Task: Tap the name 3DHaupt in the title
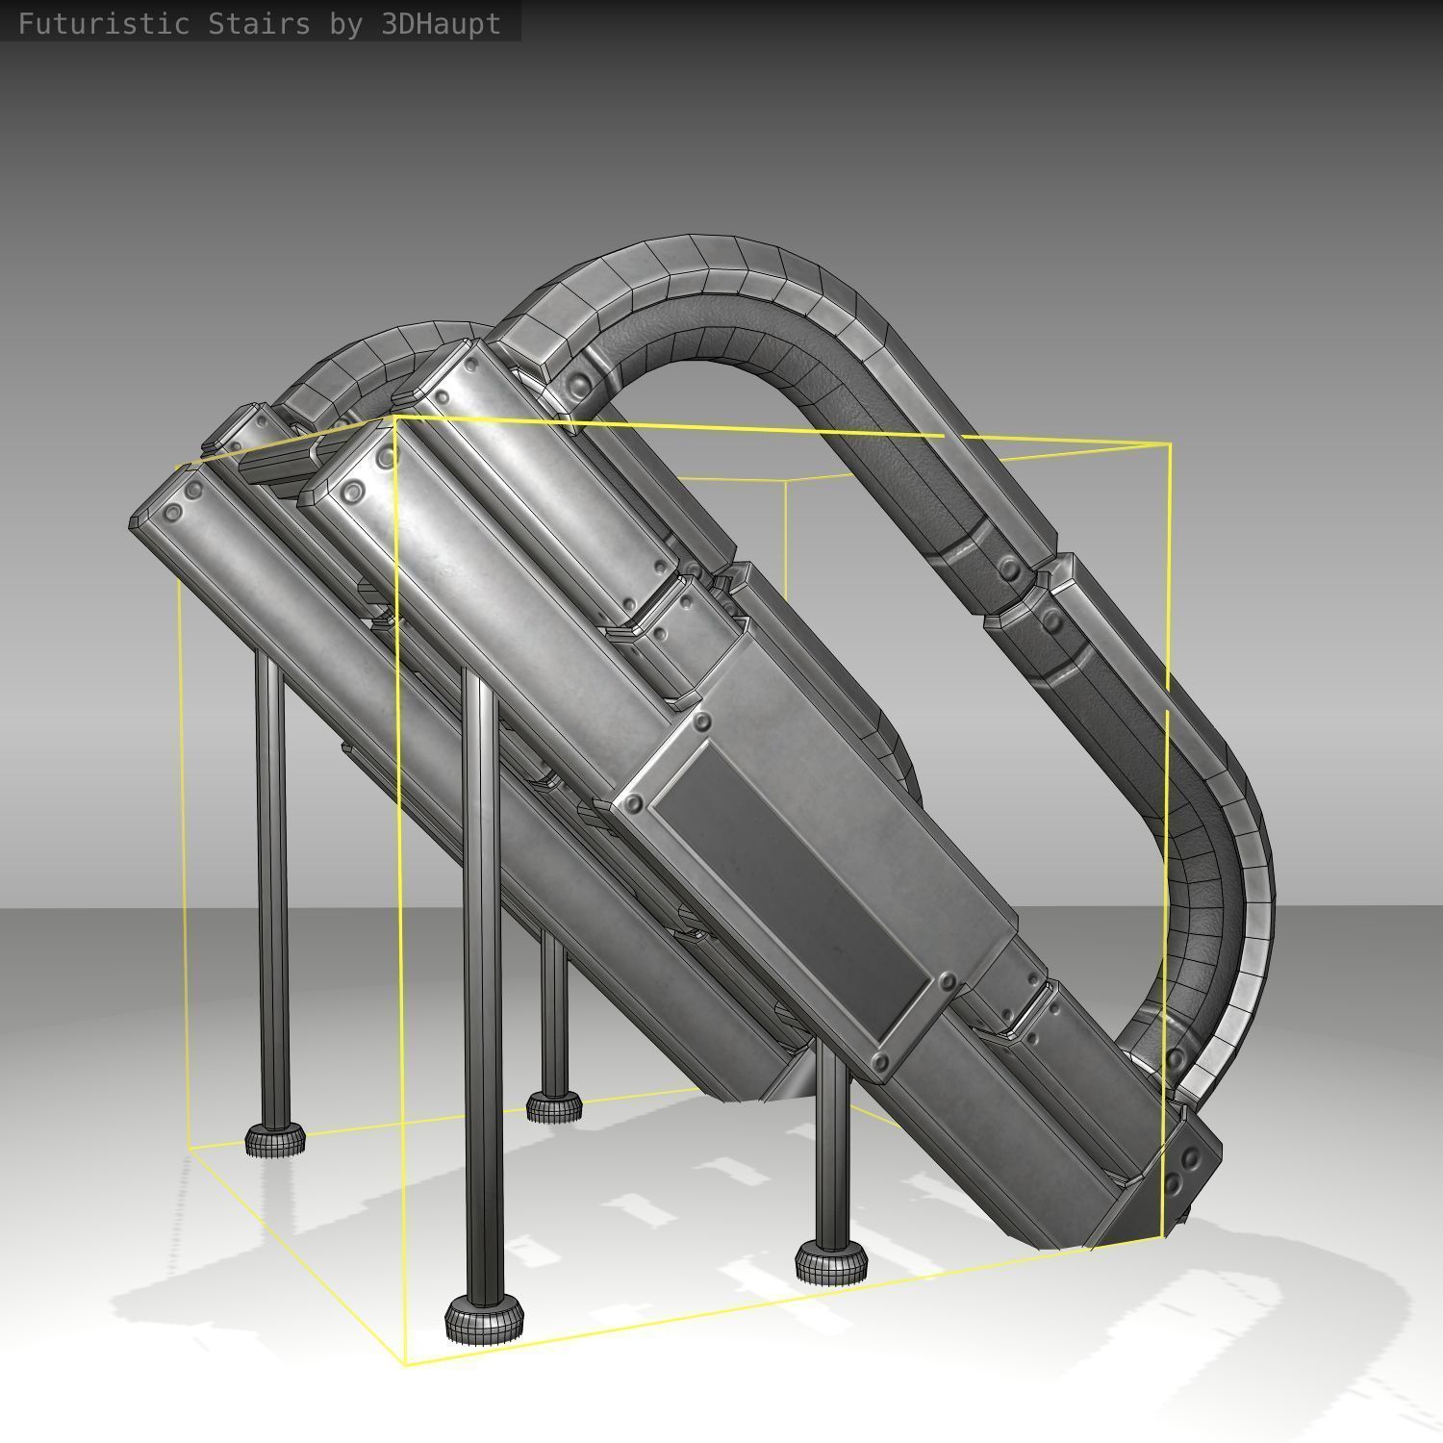(441, 24)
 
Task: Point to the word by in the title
(346, 24)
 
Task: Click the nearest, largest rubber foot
(485, 1318)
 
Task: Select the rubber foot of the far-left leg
(275, 1139)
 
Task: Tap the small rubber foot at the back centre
(554, 1106)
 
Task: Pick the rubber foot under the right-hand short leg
(832, 1260)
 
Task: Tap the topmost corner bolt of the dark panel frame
(701, 721)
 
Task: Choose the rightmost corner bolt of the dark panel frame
(948, 982)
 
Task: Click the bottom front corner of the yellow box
(405, 1363)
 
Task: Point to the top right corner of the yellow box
(1169, 444)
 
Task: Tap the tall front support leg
(481, 981)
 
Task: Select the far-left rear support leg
(271, 885)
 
